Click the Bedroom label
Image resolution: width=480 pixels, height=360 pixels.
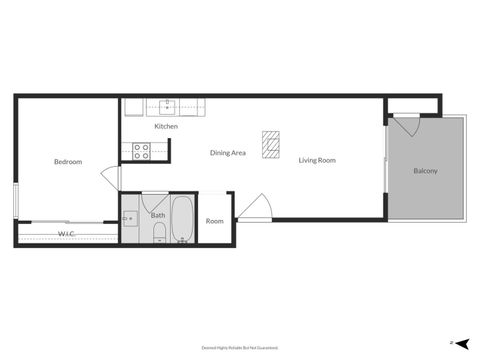coord(68,162)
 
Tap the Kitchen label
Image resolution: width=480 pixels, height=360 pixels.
coord(166,127)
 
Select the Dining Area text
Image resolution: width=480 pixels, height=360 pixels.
coord(228,153)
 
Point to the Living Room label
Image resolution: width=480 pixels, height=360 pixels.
coord(317,160)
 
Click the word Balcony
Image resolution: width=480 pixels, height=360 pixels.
coord(425,171)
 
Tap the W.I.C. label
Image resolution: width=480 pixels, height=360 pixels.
coord(66,234)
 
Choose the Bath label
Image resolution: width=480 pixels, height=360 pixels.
coord(158,215)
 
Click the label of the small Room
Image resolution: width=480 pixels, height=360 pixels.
coord(215,221)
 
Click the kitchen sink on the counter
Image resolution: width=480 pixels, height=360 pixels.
coord(168,106)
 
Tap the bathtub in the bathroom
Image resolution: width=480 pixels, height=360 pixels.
coord(183,219)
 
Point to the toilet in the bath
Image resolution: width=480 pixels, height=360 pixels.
coord(159,235)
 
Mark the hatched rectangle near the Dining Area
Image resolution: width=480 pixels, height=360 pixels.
coord(270,145)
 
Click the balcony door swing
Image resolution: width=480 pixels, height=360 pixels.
coord(406,127)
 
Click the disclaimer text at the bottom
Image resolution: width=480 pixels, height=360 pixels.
coord(240,348)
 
